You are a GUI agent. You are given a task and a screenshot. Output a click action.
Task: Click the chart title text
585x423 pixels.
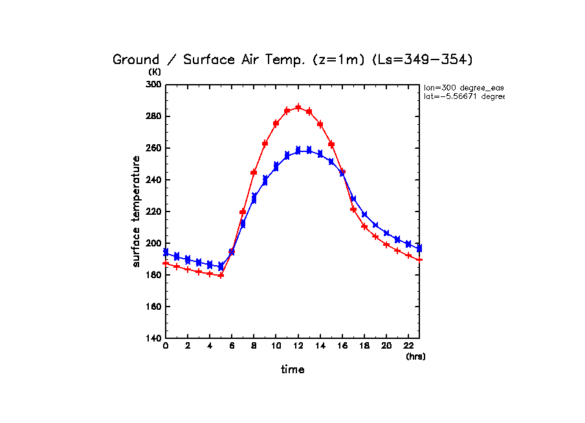click(292, 60)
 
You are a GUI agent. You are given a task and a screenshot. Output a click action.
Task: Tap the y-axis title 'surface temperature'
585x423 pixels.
click(137, 211)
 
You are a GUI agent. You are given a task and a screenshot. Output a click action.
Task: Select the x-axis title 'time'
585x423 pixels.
click(292, 370)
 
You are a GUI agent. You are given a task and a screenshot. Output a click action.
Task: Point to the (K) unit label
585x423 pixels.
click(154, 72)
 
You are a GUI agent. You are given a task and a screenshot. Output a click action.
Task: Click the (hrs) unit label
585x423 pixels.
click(415, 356)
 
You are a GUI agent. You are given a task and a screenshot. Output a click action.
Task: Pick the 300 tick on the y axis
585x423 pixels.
click(154, 85)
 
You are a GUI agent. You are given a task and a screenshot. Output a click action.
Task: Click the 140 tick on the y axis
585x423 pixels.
click(154, 338)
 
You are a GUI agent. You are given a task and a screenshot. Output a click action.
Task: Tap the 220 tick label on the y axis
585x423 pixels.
click(154, 211)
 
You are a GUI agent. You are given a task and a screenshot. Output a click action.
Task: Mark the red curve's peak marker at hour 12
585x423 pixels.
click(298, 107)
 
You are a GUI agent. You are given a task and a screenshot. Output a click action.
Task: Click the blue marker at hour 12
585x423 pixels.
click(298, 150)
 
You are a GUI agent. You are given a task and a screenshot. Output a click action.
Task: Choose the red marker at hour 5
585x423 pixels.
click(221, 276)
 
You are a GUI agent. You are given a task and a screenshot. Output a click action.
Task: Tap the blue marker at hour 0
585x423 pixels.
click(166, 252)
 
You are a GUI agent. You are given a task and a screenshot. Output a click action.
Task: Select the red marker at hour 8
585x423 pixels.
click(254, 173)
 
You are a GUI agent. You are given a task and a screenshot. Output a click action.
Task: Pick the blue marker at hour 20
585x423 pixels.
click(386, 233)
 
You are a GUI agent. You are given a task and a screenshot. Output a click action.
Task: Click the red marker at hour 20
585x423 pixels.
click(386, 244)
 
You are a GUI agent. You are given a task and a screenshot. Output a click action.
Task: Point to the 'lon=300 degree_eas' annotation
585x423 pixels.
click(463, 87)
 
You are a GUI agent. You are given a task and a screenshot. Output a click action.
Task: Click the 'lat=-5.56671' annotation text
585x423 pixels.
click(463, 96)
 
